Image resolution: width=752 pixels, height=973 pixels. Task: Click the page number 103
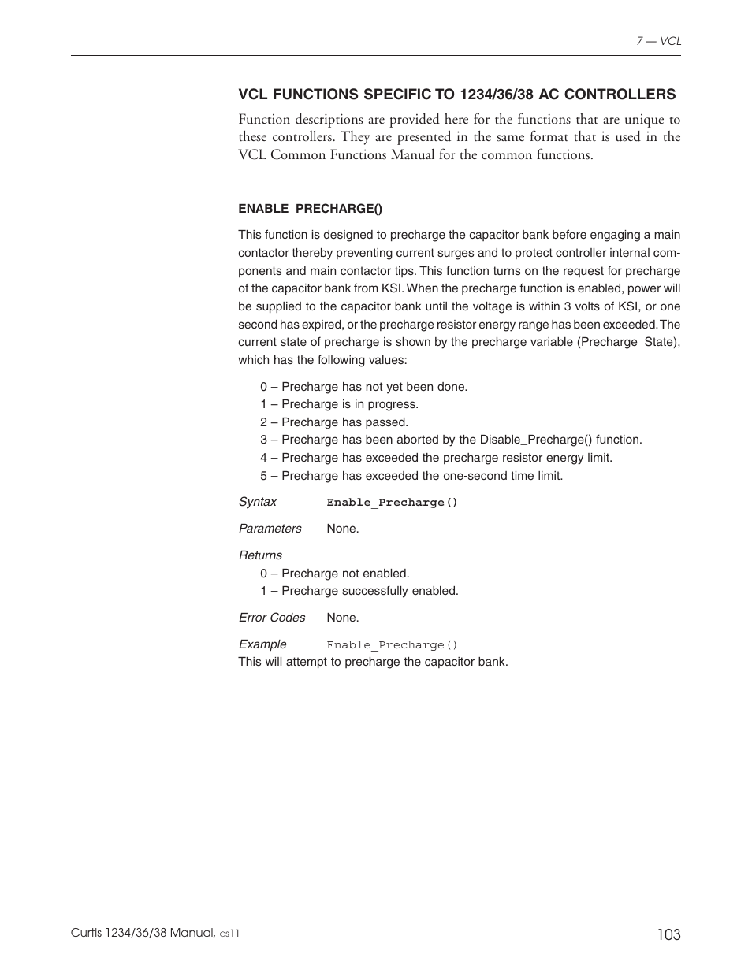coord(667,934)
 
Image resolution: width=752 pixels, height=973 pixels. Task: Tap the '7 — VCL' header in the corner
coord(658,41)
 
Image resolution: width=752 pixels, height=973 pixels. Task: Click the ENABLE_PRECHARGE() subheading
coord(310,209)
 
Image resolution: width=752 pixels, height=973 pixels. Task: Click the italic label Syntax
coord(258,502)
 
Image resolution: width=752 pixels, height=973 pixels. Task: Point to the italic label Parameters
coord(270,529)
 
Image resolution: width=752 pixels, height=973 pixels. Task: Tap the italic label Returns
coord(260,555)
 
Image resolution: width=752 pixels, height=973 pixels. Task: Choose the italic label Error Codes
coord(272,618)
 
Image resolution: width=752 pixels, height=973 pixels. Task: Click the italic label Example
coord(262,644)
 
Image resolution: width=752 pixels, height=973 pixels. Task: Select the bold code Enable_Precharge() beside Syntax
coord(392,503)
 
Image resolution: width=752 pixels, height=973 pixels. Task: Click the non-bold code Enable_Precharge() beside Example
coord(392,645)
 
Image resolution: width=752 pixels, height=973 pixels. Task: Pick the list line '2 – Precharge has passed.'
coord(334,422)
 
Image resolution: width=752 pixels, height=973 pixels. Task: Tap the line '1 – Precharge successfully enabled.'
coord(359,591)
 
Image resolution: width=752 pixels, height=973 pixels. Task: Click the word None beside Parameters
coord(342,529)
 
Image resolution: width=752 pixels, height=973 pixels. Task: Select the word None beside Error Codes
coord(342,618)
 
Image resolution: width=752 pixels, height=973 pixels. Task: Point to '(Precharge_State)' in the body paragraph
coord(629,342)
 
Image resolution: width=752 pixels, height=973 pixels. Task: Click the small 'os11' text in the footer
coord(229,934)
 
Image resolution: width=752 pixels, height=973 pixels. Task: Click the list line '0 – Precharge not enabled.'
coord(335,574)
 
